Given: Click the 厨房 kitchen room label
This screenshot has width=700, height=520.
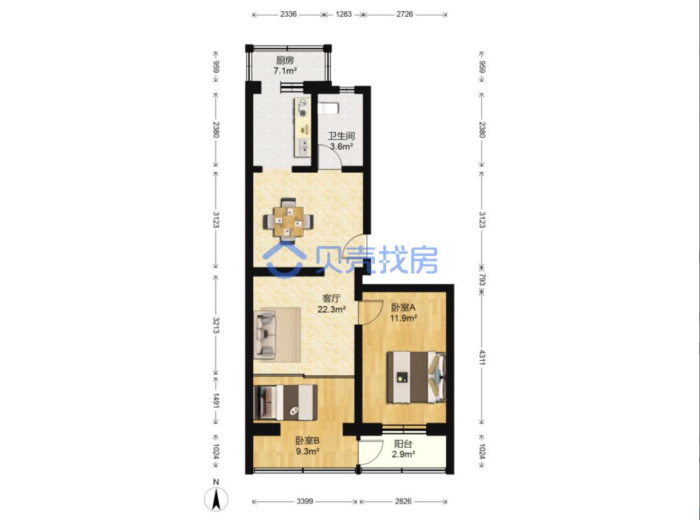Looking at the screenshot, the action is pos(285,60).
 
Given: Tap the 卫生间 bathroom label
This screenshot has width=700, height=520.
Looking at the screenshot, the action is pos(341,136).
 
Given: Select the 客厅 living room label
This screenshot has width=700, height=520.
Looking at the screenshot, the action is pos(331,298).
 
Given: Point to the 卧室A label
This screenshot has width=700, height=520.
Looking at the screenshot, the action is pos(404,307).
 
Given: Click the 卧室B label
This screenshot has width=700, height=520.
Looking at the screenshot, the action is pos(308,440).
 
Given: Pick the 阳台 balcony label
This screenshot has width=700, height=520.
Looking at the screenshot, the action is pos(403,444).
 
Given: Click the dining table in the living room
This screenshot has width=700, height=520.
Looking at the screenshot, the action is pos(289,222).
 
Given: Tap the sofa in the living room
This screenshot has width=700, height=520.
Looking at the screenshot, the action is pos(265,335).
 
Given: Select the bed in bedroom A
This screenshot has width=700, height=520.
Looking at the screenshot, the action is pos(417,378).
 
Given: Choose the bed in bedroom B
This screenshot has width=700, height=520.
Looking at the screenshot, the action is pos(285,403).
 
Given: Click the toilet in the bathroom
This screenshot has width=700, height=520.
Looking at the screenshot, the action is pos(328,108).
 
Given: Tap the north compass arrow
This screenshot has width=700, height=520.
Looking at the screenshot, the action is pos(216,499).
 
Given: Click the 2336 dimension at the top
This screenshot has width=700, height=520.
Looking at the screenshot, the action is pos(289,14).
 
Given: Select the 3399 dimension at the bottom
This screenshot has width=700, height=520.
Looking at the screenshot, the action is pos(305,501).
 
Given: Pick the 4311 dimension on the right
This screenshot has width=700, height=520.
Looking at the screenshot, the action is pos(482,357).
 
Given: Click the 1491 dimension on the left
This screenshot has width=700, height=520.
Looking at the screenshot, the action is pos(216,401).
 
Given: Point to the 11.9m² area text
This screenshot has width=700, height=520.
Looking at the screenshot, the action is pos(404,317).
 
